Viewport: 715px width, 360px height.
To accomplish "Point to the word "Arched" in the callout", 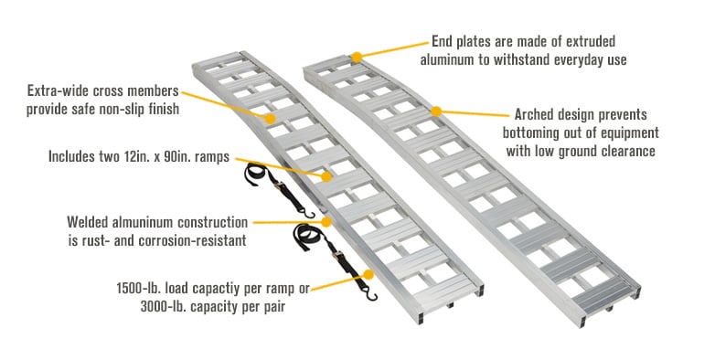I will coord(534,115).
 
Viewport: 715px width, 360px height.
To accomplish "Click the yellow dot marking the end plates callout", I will coord(357,58).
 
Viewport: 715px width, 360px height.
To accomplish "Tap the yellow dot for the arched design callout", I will coord(436,111).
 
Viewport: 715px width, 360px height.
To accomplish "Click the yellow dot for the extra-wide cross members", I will coord(270,118).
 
